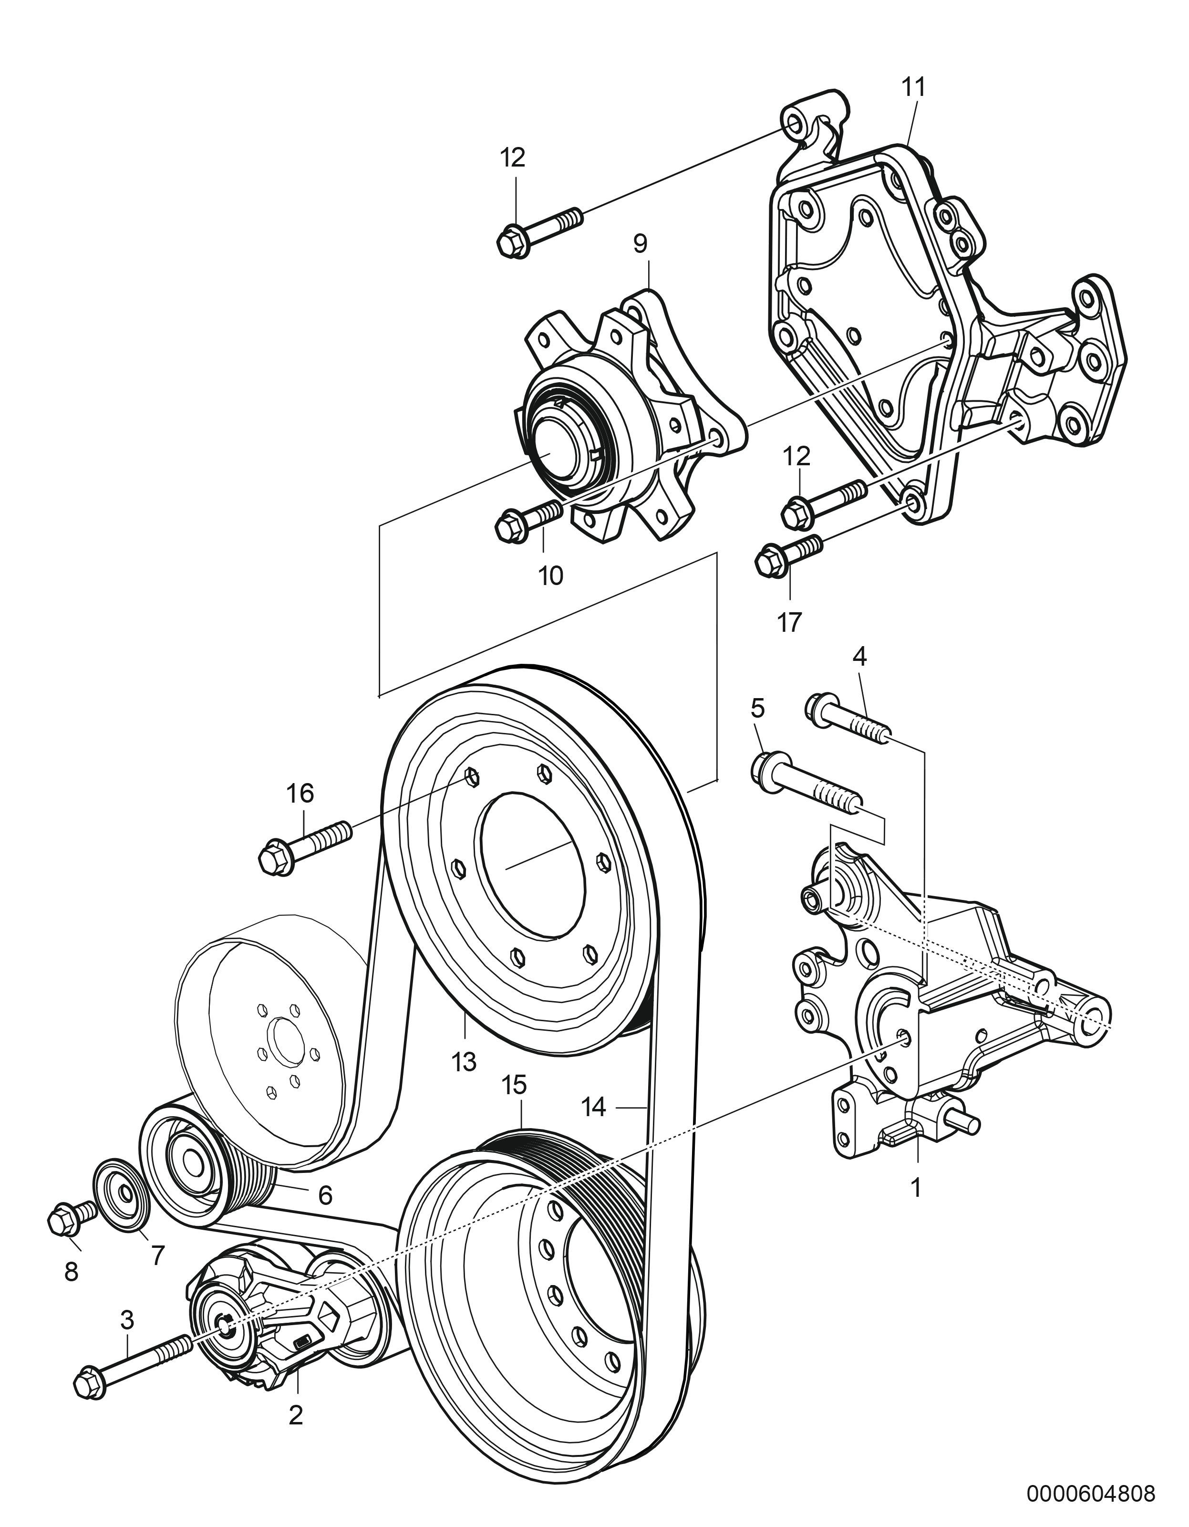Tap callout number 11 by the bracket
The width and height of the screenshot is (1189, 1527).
[913, 87]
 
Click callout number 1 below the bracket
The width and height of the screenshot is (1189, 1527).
[916, 1187]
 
